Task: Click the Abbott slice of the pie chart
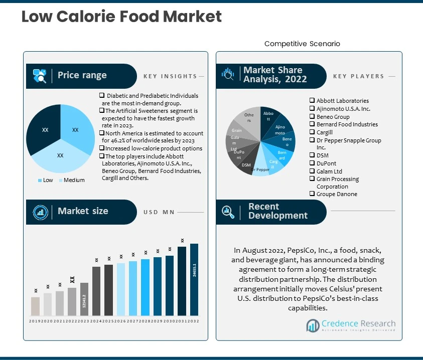[x=268, y=118]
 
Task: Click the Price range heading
[x=82, y=75]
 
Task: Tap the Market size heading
[x=83, y=211]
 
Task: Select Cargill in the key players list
[x=324, y=132]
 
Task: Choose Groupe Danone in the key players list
[x=337, y=194]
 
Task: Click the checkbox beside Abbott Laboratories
[x=312, y=101]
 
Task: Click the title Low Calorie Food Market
[x=121, y=17]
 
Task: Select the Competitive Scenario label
[x=302, y=44]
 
